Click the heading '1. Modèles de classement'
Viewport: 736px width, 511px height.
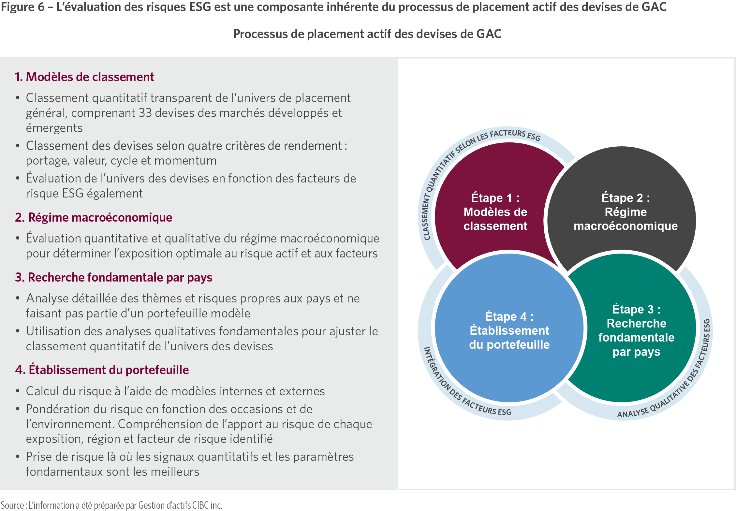pos(84,77)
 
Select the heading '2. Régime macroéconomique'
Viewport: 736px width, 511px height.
pos(94,217)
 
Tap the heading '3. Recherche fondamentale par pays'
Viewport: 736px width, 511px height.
pos(113,277)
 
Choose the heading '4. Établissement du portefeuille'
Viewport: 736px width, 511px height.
pos(102,370)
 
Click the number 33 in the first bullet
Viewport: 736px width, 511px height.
pos(145,113)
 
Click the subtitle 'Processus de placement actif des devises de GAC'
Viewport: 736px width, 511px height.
pos(367,34)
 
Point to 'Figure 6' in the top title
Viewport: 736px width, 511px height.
pos(22,7)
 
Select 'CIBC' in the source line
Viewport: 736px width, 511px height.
pos(200,505)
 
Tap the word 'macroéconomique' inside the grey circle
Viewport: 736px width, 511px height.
pos(626,226)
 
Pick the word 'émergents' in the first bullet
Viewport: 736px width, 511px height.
pos(54,128)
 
